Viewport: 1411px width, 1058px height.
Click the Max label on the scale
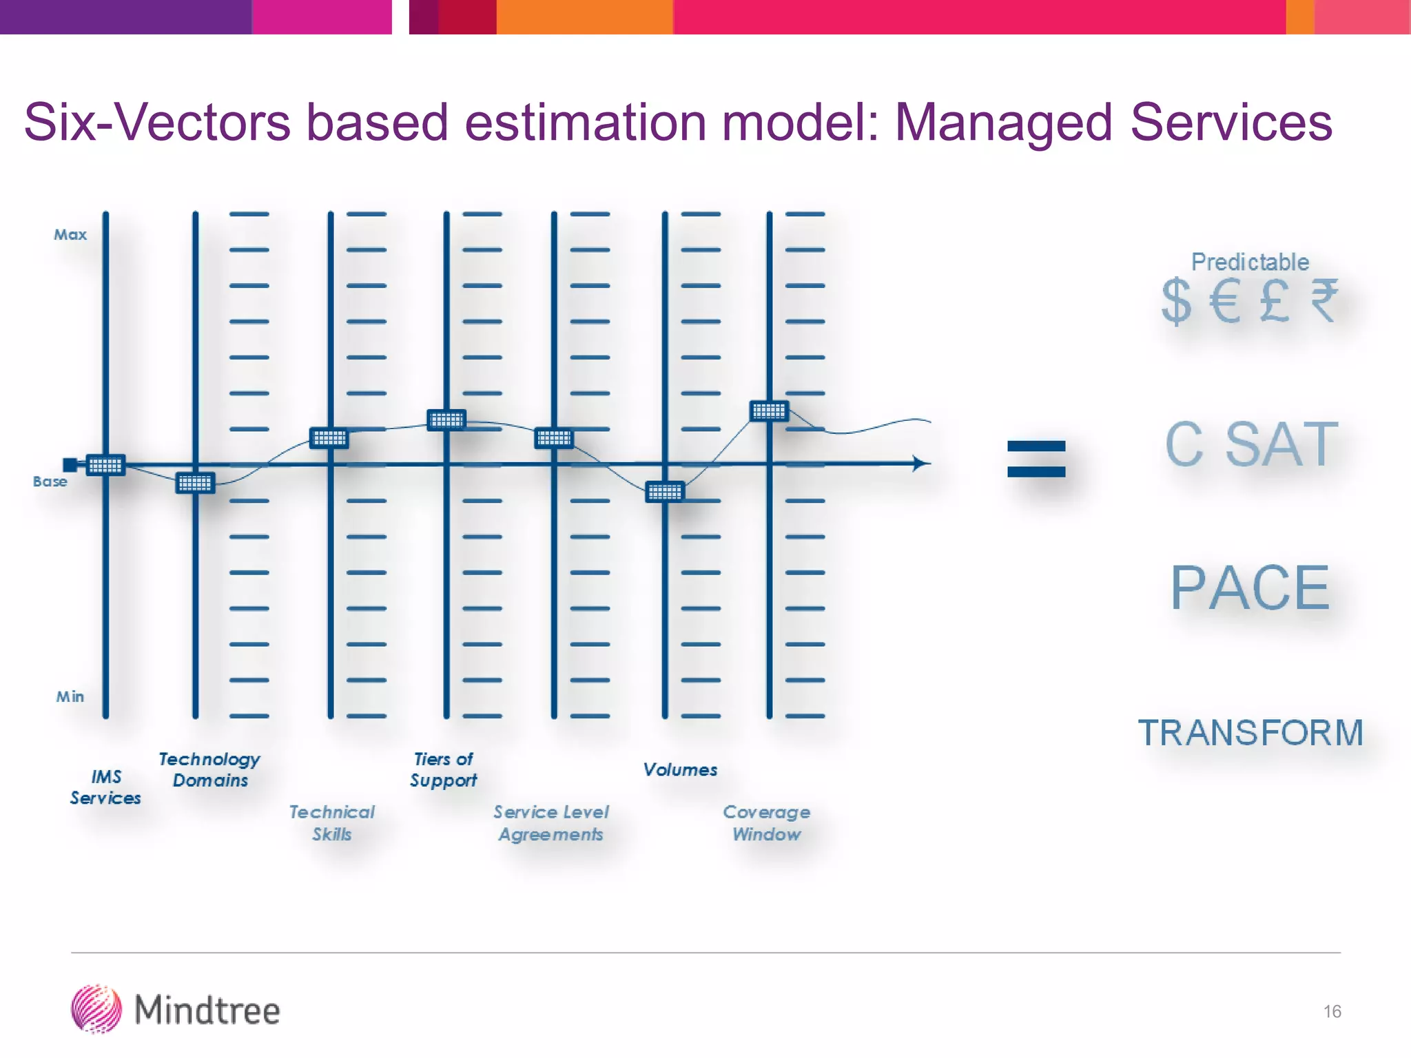[x=70, y=235]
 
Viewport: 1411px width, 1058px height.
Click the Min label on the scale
[x=70, y=697]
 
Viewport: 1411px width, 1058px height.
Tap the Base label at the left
[x=50, y=481]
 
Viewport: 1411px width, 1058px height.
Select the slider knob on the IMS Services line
[x=105, y=466]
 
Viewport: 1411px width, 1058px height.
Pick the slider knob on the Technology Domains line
[x=195, y=484]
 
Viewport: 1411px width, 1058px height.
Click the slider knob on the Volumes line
[x=665, y=492]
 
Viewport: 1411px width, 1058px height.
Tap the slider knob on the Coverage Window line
[x=769, y=411]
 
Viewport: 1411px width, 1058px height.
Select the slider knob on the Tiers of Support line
[x=446, y=419]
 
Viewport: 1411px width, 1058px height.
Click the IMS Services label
[x=105, y=787]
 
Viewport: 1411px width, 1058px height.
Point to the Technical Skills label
[x=332, y=823]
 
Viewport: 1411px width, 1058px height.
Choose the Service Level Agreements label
[x=551, y=823]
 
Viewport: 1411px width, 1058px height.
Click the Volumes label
[x=680, y=770]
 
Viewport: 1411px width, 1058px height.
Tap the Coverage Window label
[x=767, y=823]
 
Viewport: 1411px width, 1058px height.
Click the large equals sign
[x=1036, y=459]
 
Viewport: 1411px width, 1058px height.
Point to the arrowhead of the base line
[x=921, y=464]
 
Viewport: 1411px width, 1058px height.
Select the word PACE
[x=1250, y=588]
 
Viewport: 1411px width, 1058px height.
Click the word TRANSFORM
[x=1250, y=733]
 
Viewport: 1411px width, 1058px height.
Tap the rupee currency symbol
[x=1324, y=301]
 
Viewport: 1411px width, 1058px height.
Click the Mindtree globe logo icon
[x=96, y=1009]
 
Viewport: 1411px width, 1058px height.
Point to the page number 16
[x=1332, y=1011]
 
